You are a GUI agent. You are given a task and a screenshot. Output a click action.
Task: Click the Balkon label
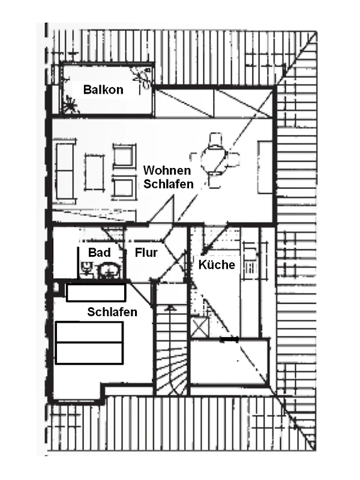[x=103, y=89]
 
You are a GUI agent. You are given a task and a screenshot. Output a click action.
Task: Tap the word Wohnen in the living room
[x=167, y=170]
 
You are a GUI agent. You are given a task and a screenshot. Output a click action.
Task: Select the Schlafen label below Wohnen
[x=169, y=184]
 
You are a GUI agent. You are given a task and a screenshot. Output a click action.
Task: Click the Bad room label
[x=99, y=253]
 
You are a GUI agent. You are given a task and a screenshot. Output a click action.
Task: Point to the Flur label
[x=146, y=253]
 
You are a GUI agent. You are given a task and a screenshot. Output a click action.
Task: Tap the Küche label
[x=217, y=265]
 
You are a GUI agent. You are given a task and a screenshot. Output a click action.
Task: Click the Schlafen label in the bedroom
[x=112, y=312]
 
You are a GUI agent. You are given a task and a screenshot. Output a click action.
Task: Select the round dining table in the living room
[x=214, y=160]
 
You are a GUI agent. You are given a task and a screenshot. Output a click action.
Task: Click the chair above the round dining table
[x=215, y=140]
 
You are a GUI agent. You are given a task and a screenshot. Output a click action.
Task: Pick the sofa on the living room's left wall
[x=65, y=172]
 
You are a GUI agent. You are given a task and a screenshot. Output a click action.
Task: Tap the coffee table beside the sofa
[x=94, y=172]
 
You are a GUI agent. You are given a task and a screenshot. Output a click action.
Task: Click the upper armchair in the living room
[x=124, y=155]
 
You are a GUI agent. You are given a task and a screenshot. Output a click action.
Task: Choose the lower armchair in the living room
[x=124, y=187]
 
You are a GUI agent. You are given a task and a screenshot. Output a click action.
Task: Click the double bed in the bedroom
[x=89, y=343]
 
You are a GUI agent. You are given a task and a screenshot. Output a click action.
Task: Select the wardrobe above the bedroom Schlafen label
[x=96, y=293]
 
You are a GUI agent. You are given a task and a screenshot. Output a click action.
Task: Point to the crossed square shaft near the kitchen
[x=199, y=328]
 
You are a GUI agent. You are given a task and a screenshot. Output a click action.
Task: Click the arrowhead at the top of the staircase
[x=170, y=308]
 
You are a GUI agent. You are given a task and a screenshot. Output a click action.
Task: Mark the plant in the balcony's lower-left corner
[x=71, y=104]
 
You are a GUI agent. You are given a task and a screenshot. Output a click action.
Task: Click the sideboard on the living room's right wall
[x=265, y=167]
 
